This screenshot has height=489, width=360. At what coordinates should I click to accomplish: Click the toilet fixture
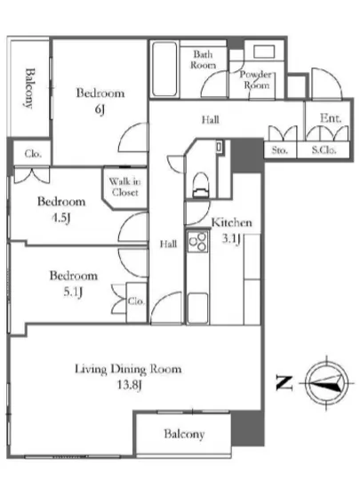click(200, 185)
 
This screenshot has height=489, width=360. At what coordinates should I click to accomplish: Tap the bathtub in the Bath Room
click(164, 69)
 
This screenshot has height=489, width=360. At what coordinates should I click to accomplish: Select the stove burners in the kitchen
click(197, 242)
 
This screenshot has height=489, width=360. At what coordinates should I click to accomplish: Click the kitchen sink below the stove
click(198, 308)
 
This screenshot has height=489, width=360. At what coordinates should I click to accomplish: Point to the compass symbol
click(326, 383)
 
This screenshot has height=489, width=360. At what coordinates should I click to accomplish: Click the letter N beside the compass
click(284, 383)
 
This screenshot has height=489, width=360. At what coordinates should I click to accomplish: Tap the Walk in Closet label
click(124, 187)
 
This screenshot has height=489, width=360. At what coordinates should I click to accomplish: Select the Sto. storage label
click(279, 150)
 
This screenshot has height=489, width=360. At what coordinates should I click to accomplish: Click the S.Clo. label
click(324, 150)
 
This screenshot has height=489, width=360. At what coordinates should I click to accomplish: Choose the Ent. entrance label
click(331, 118)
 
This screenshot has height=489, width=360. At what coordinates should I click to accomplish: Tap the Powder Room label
click(256, 79)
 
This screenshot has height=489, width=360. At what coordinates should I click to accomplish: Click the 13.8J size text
click(130, 385)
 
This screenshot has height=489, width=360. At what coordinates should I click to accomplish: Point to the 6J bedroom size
click(100, 109)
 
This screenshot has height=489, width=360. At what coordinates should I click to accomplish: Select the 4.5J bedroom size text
click(61, 218)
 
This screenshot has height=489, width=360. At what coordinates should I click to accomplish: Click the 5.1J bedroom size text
click(73, 292)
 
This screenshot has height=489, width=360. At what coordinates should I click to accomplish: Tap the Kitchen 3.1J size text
click(231, 239)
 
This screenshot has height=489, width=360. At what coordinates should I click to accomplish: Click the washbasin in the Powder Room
click(264, 52)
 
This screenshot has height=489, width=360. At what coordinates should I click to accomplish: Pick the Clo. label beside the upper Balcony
click(33, 154)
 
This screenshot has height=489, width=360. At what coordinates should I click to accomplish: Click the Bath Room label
click(203, 60)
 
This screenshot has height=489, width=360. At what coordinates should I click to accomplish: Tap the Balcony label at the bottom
click(184, 434)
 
